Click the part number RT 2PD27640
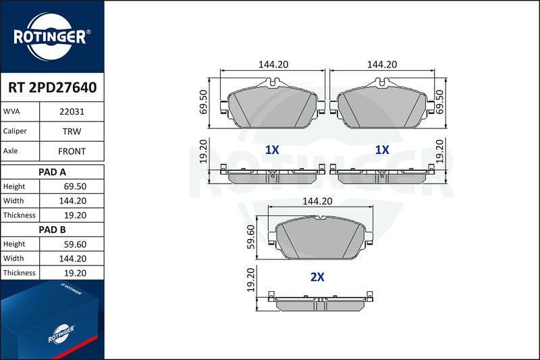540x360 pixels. click(53, 88)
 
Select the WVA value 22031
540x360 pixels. click(72, 111)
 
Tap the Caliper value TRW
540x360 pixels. click(72, 131)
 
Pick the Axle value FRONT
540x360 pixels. click(72, 151)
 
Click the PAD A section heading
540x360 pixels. click(52, 172)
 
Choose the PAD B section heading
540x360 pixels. click(52, 230)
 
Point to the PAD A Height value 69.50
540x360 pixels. click(75, 186)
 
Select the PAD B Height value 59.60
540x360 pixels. click(75, 245)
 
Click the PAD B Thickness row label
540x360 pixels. click(20, 273)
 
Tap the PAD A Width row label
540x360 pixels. click(13, 201)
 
